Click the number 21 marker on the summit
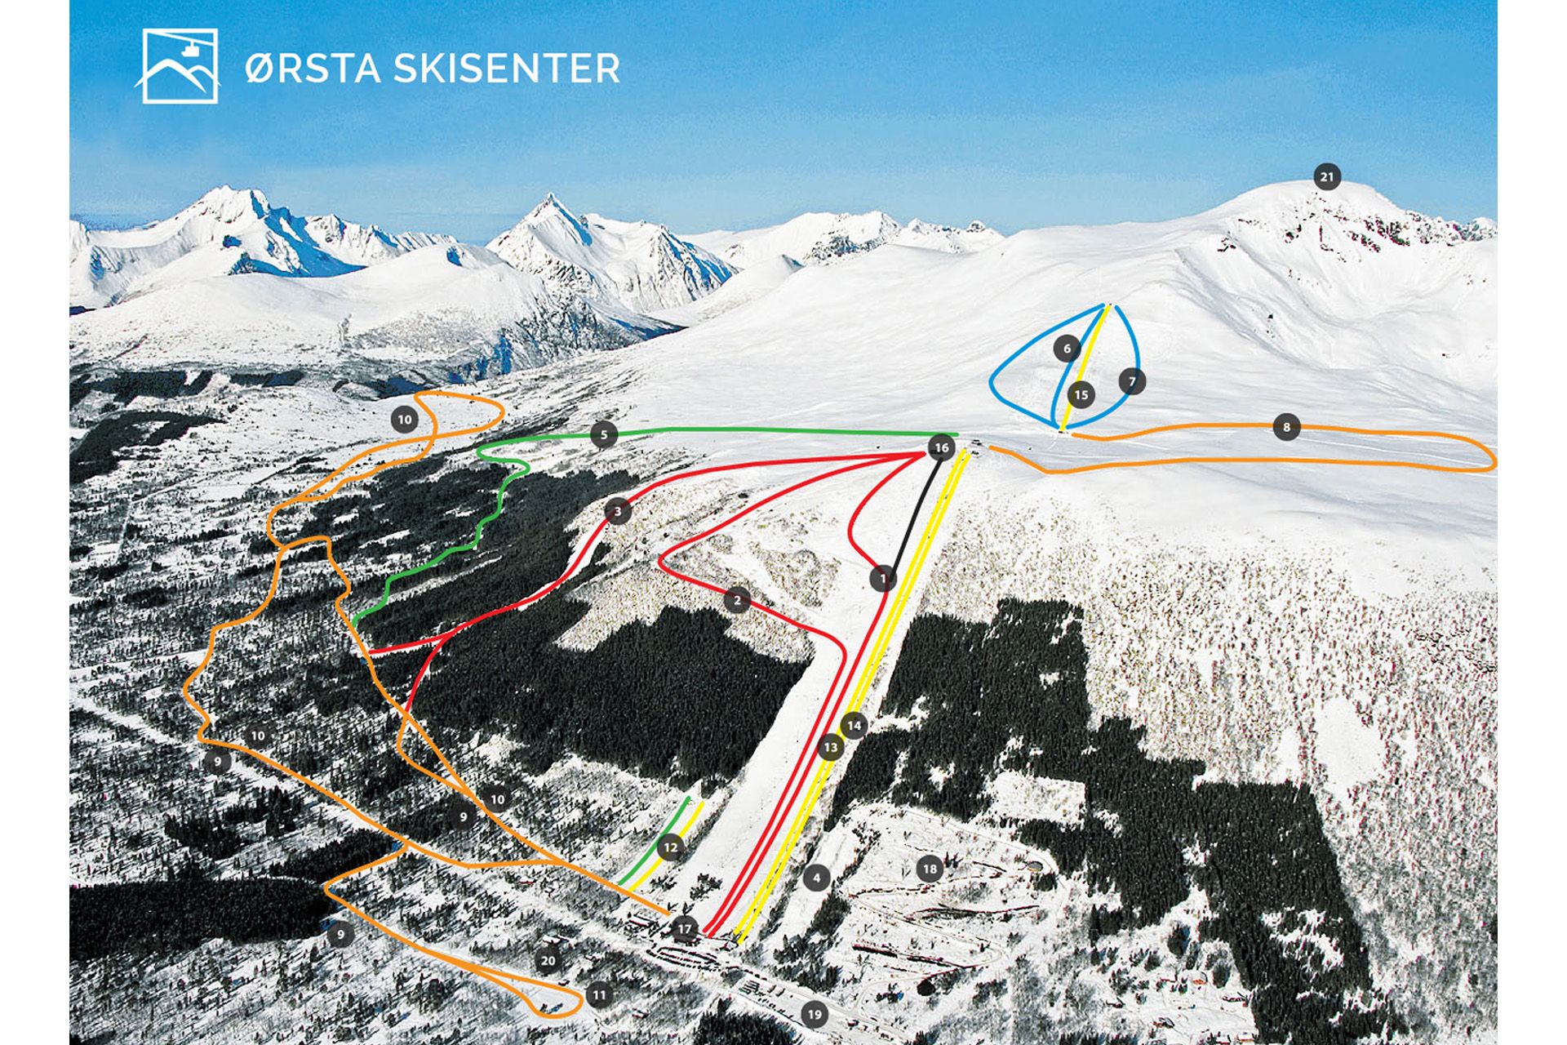coord(1326,176)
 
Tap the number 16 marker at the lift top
coord(941,447)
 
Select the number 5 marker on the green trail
coord(604,434)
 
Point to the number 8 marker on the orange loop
coord(1286,427)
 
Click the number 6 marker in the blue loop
coord(1067,349)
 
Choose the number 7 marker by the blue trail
coord(1132,381)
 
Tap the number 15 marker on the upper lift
coord(1081,396)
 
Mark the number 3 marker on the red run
coord(618,512)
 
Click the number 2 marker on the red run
coord(737,601)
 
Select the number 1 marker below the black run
coord(882,579)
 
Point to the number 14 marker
coord(855,725)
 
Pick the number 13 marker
coord(831,747)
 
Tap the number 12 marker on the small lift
coord(670,847)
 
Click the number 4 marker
coord(816,878)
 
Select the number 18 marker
coord(930,869)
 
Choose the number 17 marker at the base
coord(684,929)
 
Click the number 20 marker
coord(548,961)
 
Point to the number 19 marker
coord(814,1015)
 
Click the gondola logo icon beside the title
coord(180,66)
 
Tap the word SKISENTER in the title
coord(507,68)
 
